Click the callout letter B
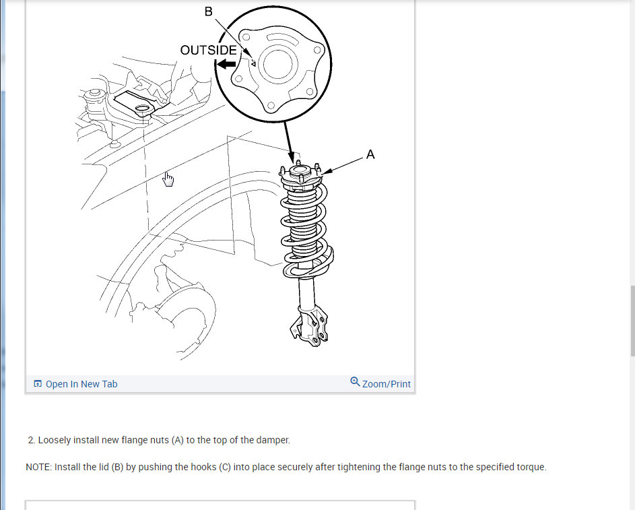[208, 11]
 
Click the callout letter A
[370, 154]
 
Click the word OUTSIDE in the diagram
[208, 51]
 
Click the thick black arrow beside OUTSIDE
[226, 64]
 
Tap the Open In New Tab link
[81, 384]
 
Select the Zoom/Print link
[387, 384]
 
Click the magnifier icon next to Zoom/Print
[355, 382]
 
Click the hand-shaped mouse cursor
[168, 179]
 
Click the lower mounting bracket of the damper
[310, 327]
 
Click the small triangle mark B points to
[253, 63]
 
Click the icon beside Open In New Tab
[38, 383]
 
